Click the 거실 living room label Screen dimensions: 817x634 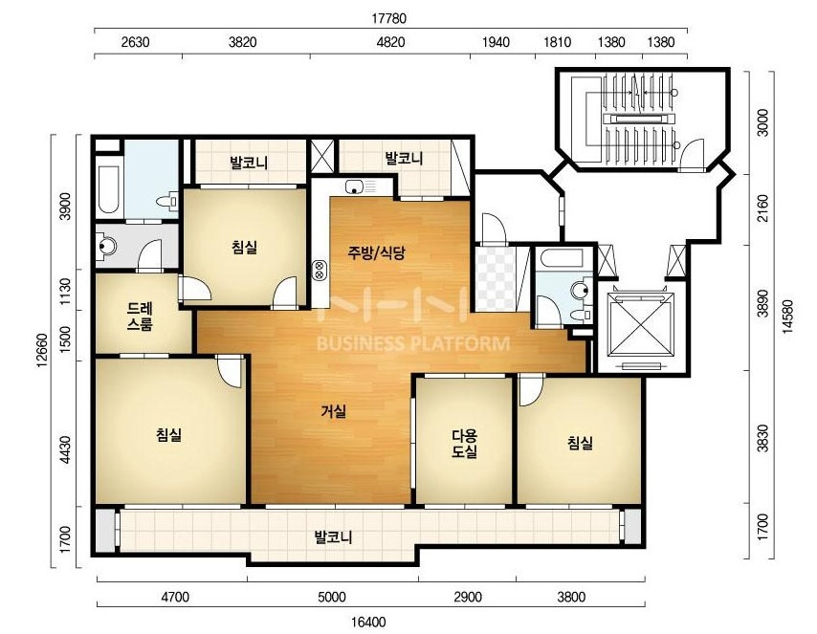point(333,411)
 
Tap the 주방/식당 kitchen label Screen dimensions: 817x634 point(376,253)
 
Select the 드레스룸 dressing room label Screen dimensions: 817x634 point(141,317)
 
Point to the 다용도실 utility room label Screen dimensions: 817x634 point(464,444)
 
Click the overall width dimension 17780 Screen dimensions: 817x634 point(388,19)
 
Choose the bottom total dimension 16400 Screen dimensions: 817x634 point(368,622)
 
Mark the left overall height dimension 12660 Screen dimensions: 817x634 point(43,350)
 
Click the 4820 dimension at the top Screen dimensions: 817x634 point(390,42)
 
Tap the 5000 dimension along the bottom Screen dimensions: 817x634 point(331,597)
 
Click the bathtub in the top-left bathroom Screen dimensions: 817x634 point(108,189)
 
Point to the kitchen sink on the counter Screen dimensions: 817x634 point(354,186)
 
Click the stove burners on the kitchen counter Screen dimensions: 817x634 point(319,269)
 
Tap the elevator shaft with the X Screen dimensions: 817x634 point(641,327)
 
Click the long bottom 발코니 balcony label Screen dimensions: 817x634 point(334,536)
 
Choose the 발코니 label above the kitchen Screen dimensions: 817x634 point(404,158)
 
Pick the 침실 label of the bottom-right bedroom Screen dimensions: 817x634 point(580,444)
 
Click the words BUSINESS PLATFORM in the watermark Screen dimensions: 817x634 point(413,344)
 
